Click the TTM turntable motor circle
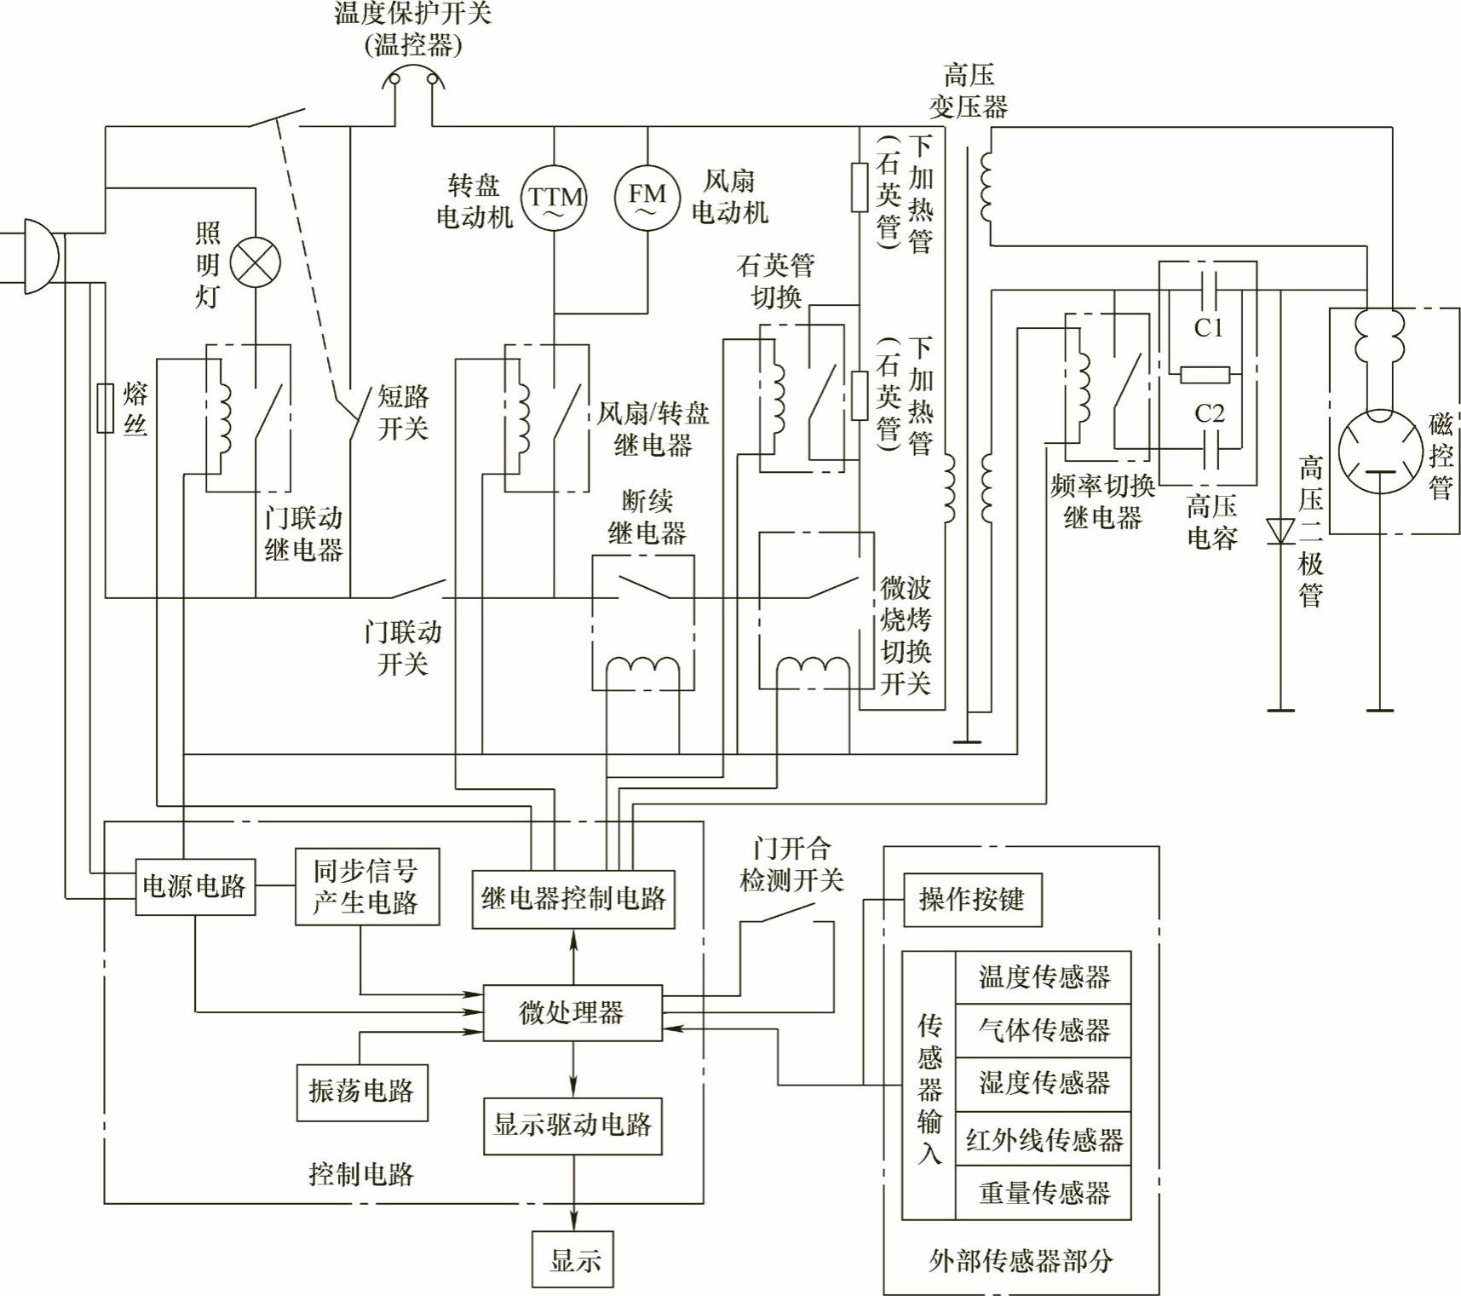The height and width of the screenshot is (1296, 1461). coord(554,198)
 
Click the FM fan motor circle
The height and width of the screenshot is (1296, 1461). coord(647,196)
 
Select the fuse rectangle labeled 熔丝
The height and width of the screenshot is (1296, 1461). coord(106,408)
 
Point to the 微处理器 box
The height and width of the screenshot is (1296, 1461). coord(572,1013)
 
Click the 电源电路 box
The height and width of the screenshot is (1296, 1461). coord(195,887)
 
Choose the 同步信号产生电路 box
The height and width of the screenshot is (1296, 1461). coord(366,886)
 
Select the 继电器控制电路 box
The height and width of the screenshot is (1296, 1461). coord(573,899)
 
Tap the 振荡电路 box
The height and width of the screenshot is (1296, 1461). coord(362,1092)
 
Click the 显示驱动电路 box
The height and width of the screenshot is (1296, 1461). coord(573,1125)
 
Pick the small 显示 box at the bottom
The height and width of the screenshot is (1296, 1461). coord(573,1259)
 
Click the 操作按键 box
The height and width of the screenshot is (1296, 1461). coord(972,899)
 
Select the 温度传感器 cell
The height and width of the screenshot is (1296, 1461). coord(1044,977)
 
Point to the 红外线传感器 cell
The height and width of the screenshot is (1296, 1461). coord(1044,1138)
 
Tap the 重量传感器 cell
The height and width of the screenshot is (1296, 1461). coord(1044,1192)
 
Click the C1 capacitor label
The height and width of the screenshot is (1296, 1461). coord(1208,327)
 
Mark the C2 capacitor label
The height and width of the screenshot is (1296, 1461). coord(1209,413)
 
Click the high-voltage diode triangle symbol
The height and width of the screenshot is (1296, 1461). coord(1280,531)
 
